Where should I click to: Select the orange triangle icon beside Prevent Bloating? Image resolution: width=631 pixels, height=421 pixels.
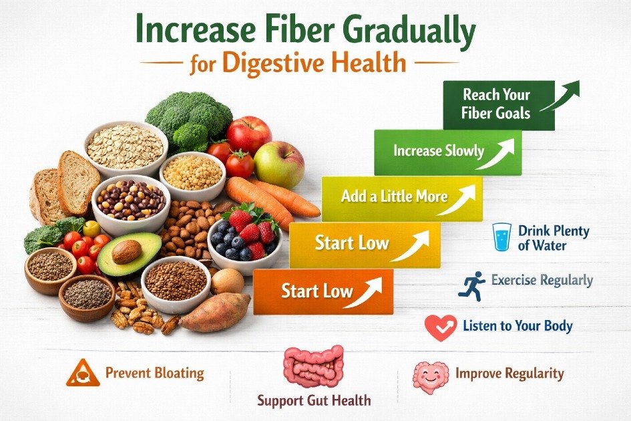pos(83,373)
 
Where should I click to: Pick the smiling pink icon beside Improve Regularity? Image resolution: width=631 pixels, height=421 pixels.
pos(430,376)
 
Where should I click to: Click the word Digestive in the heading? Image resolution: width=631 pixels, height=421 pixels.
pos(280,63)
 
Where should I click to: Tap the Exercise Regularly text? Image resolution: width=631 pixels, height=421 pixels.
pos(542,281)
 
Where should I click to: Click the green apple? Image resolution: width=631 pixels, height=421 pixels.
pos(278,164)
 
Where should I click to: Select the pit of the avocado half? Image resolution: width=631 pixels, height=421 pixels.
pos(126,251)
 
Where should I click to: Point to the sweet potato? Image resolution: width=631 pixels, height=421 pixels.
pos(214,312)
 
